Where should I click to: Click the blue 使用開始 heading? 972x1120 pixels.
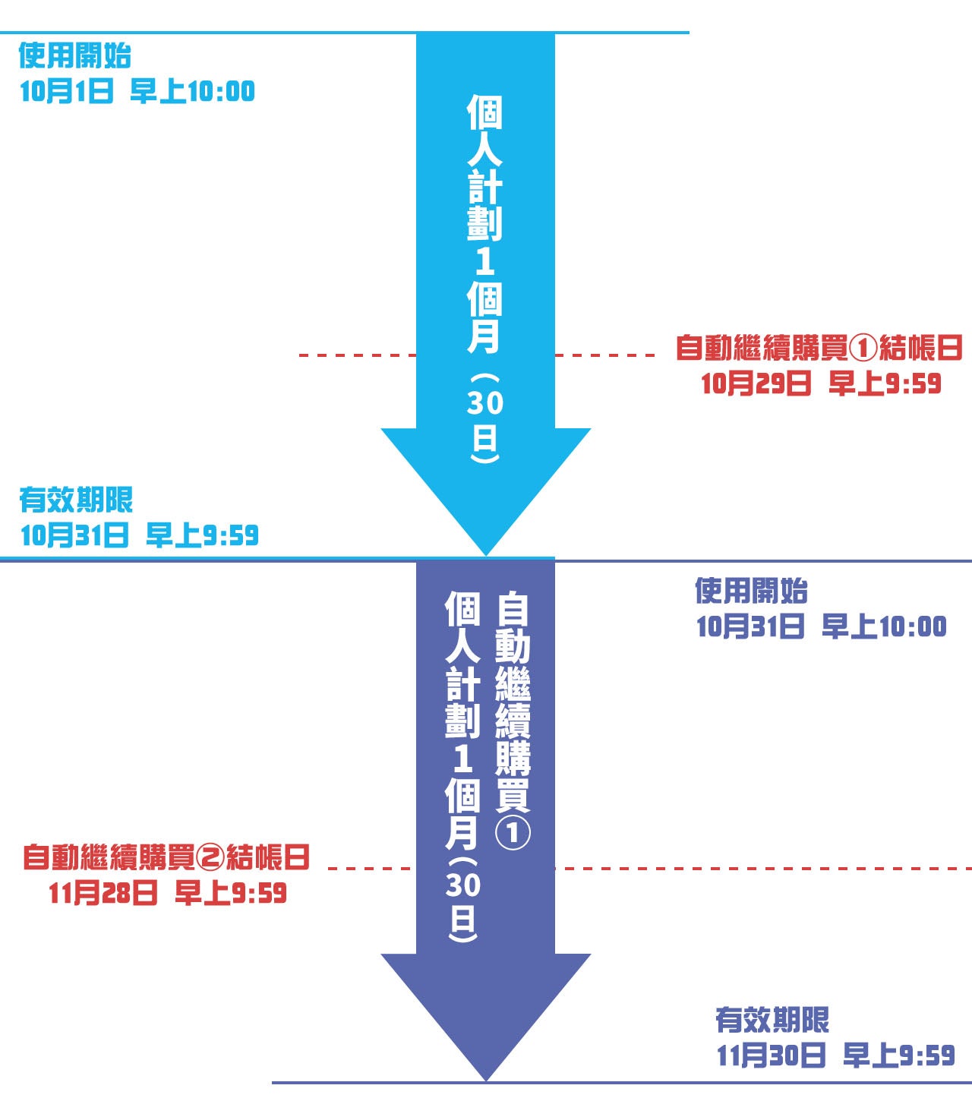(74, 55)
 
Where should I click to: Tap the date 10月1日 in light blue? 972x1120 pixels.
(66, 92)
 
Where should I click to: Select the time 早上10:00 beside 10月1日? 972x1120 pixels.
(192, 92)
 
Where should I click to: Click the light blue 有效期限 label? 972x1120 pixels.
(76, 500)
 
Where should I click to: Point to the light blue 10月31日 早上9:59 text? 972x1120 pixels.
(139, 535)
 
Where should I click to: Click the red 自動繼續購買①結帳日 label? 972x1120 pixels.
(819, 348)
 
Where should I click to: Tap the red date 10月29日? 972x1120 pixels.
(756, 383)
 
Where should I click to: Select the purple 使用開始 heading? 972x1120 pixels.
(751, 591)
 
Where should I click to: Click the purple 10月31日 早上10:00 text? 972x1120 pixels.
(821, 626)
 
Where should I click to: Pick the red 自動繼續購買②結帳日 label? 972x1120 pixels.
(166, 857)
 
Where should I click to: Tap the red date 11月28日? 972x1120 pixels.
(103, 892)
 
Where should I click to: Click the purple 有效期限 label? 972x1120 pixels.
(772, 1020)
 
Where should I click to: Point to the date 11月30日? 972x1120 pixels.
(771, 1055)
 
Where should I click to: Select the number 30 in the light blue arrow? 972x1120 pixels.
(484, 402)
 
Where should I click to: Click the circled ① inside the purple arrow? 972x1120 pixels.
(513, 833)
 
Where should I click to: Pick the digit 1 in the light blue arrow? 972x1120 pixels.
(484, 262)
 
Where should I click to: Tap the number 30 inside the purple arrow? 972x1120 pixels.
(462, 885)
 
